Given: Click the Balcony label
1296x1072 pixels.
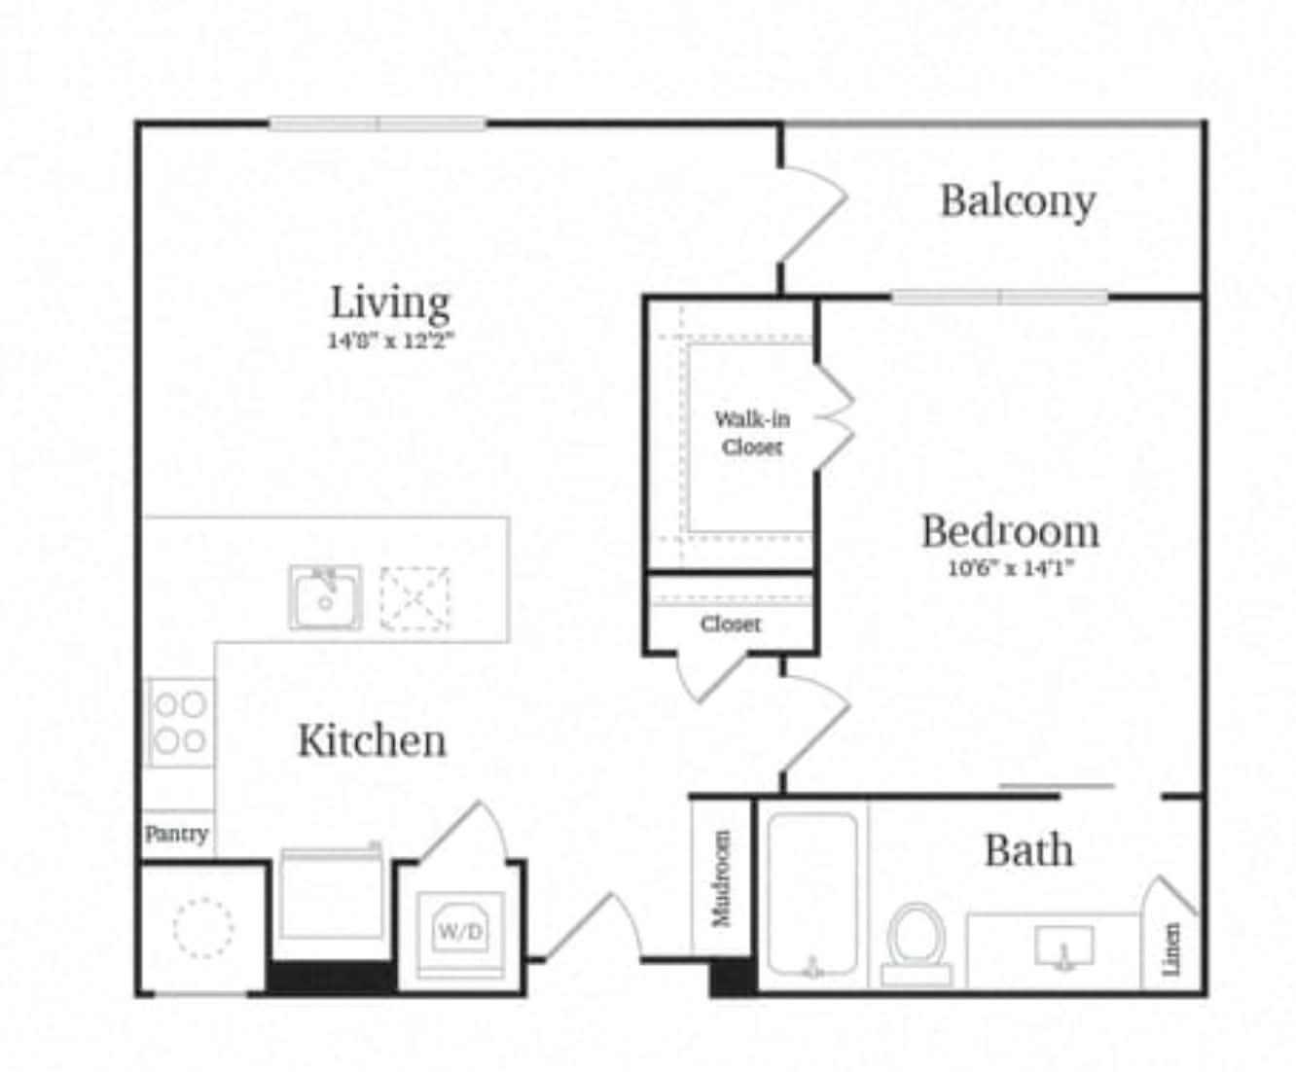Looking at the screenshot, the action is click(x=1018, y=201).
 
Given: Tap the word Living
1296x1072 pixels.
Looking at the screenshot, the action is click(x=389, y=303).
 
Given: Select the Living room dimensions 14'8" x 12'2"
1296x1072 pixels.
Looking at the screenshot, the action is click(x=391, y=340).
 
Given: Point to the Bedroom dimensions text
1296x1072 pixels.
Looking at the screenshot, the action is click(x=1011, y=568).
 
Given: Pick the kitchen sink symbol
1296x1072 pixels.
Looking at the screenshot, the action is click(x=325, y=597).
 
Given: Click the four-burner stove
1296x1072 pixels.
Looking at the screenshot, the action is click(x=180, y=723).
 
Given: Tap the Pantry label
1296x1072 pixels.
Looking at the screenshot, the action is click(x=176, y=833).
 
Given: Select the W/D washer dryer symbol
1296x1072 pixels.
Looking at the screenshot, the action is click(x=460, y=932).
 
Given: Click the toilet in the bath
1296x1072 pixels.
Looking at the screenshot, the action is click(x=917, y=945).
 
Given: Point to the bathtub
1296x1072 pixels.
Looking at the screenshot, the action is click(x=813, y=894).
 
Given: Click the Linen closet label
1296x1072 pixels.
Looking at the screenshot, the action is click(x=1170, y=949).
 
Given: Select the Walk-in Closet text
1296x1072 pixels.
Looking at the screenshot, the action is click(x=752, y=433).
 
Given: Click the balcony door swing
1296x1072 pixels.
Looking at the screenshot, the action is click(x=814, y=214).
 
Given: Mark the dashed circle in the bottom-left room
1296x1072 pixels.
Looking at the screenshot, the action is click(x=203, y=929).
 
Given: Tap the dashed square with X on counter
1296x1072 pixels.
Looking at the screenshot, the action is click(x=414, y=598).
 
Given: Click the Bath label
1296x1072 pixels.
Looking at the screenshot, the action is click(x=1029, y=850).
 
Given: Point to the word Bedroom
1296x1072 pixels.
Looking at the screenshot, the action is click(x=1011, y=532).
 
